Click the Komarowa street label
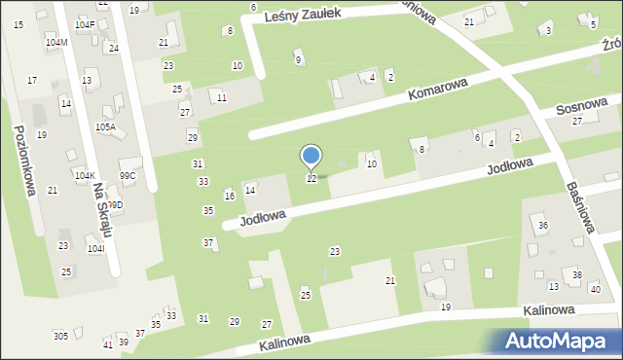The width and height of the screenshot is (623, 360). (438, 93)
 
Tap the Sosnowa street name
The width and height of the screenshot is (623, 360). (582, 106)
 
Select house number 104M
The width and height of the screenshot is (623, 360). (56, 43)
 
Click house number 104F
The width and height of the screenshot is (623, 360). (85, 24)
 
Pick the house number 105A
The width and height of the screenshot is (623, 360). (105, 126)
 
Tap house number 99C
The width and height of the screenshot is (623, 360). (128, 175)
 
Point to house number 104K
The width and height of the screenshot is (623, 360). (85, 175)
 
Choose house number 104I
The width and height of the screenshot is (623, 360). (95, 249)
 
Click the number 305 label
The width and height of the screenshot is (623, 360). (60, 336)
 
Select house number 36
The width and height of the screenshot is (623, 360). (543, 226)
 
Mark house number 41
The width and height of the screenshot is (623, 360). (107, 344)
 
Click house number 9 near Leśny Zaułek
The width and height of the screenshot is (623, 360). (298, 60)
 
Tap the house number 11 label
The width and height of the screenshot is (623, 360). (222, 98)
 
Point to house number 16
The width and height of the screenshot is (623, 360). (230, 197)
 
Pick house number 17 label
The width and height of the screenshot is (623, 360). (32, 80)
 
